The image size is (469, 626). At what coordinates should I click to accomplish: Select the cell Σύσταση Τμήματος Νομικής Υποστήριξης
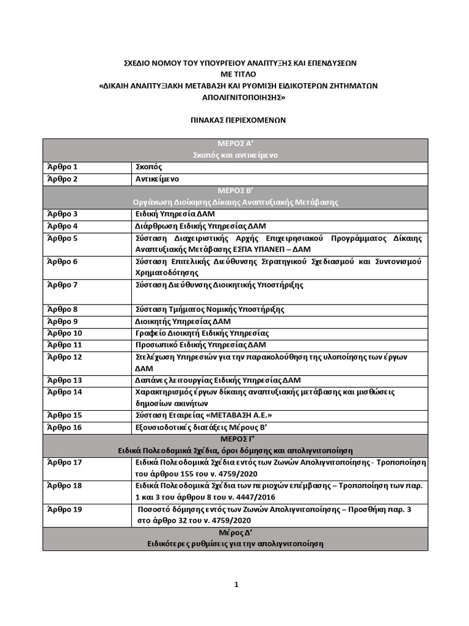[209, 309]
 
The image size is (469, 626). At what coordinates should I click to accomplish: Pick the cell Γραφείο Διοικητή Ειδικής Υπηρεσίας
[202, 333]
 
